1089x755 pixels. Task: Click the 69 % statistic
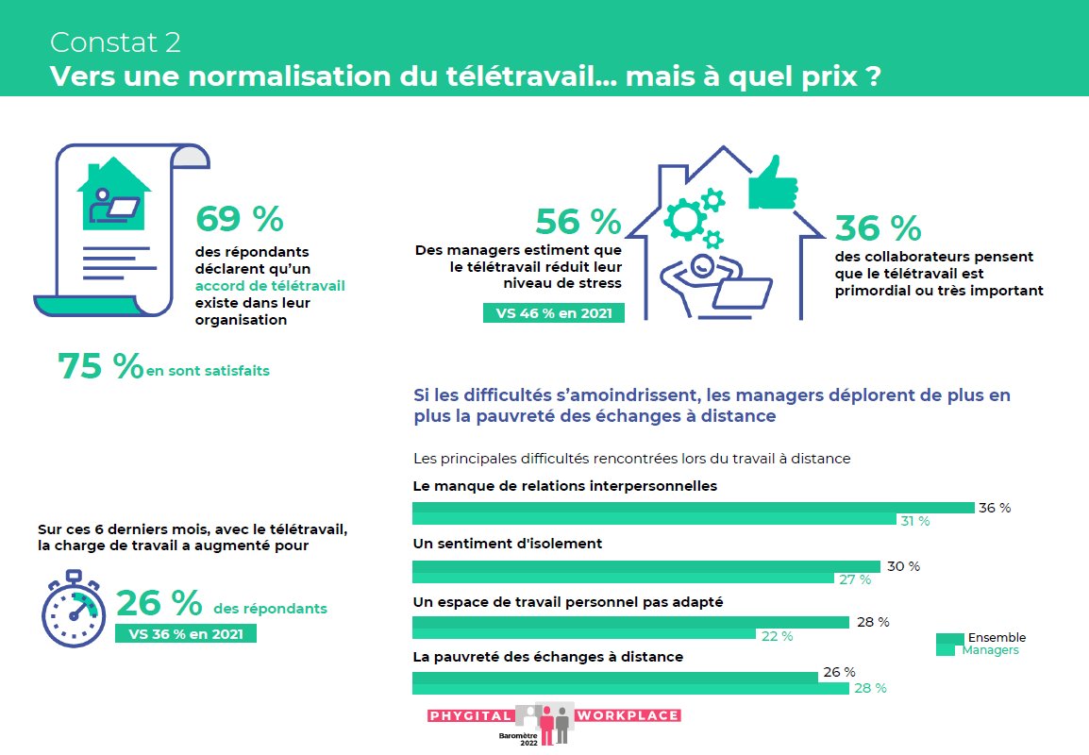239,219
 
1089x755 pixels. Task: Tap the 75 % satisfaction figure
100,367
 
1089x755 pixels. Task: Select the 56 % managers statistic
578,222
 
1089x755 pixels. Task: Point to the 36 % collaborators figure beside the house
878,227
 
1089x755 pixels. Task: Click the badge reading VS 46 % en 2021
553,313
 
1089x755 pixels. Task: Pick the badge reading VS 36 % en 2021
185,633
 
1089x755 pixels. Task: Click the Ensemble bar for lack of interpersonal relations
693,508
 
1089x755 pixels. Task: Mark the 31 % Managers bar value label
914,521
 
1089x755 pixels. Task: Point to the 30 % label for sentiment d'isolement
903,566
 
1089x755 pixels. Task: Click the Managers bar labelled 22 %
584,634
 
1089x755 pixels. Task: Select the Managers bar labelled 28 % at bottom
630,688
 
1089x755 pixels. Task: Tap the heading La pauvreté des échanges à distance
548,656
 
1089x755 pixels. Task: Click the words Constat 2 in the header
115,42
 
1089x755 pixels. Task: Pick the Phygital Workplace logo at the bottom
554,722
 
